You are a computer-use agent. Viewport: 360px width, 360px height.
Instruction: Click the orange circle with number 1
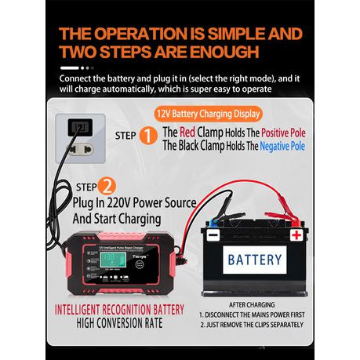148,136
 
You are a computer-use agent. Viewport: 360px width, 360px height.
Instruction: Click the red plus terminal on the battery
296,234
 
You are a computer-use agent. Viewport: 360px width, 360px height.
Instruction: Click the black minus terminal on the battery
213,234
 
